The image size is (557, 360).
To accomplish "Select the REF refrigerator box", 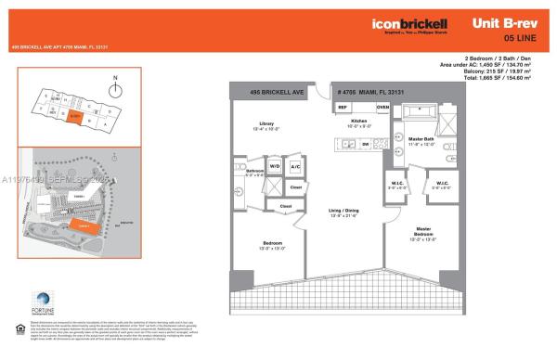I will (343, 108).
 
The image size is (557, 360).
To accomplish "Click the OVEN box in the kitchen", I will (382, 108).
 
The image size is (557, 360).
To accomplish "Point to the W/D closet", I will (275, 167).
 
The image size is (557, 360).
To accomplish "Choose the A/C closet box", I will (295, 167).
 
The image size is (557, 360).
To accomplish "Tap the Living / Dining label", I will (338, 212).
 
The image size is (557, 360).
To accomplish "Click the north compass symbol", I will (115, 89).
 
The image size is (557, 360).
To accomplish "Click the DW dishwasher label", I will (365, 144).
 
